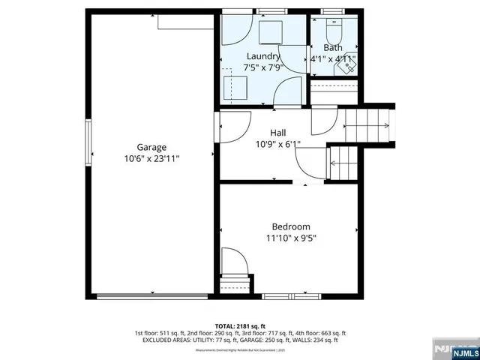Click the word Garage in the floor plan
(x=151, y=147)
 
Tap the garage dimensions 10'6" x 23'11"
(x=151, y=159)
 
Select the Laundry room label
(x=263, y=56)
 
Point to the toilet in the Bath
(x=334, y=33)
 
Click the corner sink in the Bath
(x=348, y=66)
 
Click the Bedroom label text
(x=290, y=226)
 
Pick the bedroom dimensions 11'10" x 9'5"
(x=290, y=238)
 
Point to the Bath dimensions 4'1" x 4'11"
(x=333, y=58)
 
